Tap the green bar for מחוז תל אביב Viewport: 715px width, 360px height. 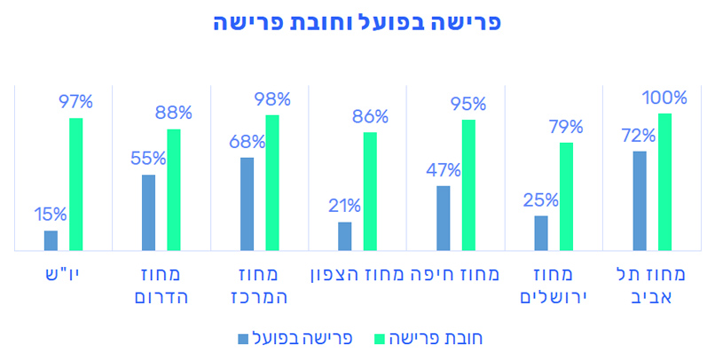coord(664,182)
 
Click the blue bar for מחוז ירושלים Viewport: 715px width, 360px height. coord(541,232)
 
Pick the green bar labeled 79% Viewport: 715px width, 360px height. coord(566,196)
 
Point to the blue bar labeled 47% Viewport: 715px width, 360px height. coord(443,217)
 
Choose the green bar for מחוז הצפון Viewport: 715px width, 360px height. coord(370,191)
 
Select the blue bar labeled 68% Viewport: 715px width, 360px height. coord(247,203)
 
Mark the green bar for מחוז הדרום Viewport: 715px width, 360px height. coord(174,190)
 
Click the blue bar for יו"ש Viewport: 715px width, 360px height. coord(51,240)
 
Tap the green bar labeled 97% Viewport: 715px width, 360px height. coord(76,184)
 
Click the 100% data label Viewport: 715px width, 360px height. coord(666,98)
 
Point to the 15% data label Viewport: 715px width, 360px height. coord(51,214)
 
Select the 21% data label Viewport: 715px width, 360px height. coord(344,206)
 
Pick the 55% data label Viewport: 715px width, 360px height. coord(149,159)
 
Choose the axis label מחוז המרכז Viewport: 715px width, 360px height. coord(259,285)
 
